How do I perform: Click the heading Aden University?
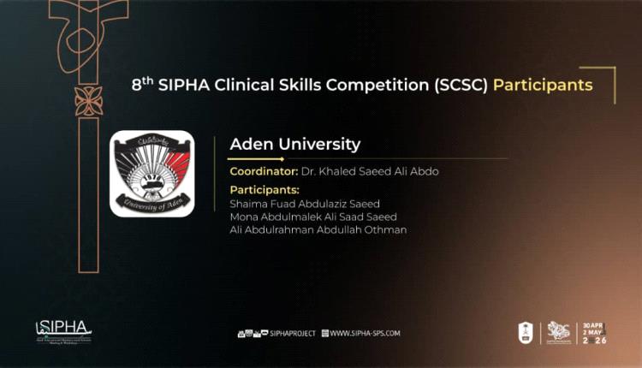pos(295,144)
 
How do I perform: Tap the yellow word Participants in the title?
pos(543,86)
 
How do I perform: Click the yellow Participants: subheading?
pos(265,190)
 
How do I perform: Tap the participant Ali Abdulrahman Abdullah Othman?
pos(318,229)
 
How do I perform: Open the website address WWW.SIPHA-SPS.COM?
pos(365,333)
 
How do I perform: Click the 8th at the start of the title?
pos(142,86)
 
